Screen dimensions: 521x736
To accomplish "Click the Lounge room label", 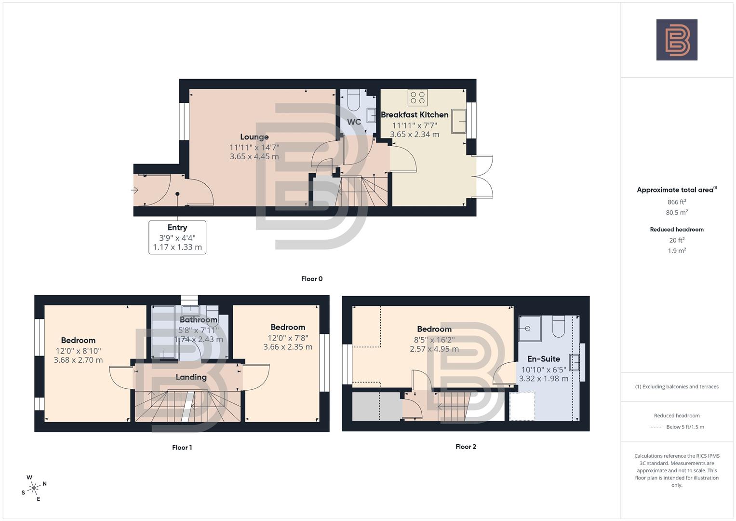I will [254, 137].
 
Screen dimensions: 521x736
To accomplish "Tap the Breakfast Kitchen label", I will [415, 115].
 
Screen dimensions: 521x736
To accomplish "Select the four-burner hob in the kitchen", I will [417, 97].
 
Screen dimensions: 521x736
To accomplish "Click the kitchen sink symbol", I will [459, 121].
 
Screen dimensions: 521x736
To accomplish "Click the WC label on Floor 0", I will [354, 122].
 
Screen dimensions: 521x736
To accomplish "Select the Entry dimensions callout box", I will [177, 237].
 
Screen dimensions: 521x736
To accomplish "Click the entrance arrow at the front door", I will [135, 190].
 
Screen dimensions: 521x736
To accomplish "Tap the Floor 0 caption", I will [312, 279].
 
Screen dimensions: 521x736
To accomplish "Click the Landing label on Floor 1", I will [191, 377].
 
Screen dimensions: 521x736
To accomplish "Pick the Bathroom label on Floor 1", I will [199, 320].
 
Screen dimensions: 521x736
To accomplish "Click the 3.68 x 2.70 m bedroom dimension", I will [78, 360].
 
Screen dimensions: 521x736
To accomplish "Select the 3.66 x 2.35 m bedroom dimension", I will [288, 347].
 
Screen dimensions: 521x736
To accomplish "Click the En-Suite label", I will [543, 359].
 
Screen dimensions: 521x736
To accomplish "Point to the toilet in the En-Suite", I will [559, 327].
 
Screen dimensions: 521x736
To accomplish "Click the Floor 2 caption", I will [466, 447].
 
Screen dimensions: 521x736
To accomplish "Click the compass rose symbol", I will [34, 488].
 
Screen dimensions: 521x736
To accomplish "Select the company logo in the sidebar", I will [677, 40].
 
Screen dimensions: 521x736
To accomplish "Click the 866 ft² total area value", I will [677, 202].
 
